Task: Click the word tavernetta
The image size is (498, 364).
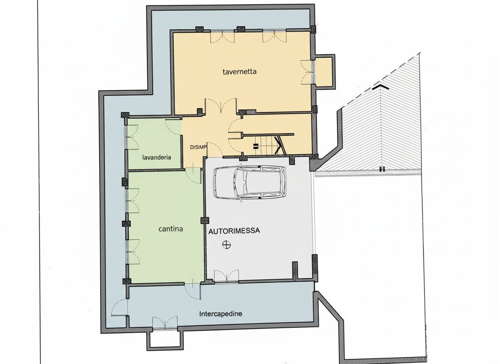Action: click(x=239, y=72)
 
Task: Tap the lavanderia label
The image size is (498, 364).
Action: click(x=157, y=157)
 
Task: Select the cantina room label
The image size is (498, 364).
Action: click(x=170, y=229)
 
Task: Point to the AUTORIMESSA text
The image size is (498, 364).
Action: click(x=234, y=231)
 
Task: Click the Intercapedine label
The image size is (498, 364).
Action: click(x=221, y=314)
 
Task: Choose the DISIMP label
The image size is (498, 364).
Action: click(x=198, y=147)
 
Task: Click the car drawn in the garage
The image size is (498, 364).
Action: click(x=250, y=183)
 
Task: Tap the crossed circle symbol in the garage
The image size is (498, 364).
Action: click(x=226, y=245)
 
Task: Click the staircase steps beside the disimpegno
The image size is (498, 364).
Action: click(x=265, y=145)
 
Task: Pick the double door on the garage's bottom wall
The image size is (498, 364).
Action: click(x=226, y=276)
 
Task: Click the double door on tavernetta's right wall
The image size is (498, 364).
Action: click(x=307, y=72)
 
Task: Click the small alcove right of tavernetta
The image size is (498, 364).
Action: click(x=323, y=72)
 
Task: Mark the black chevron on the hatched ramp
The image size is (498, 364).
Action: click(x=381, y=86)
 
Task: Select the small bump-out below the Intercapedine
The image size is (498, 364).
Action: click(x=165, y=340)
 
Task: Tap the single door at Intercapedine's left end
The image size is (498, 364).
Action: click(x=119, y=308)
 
